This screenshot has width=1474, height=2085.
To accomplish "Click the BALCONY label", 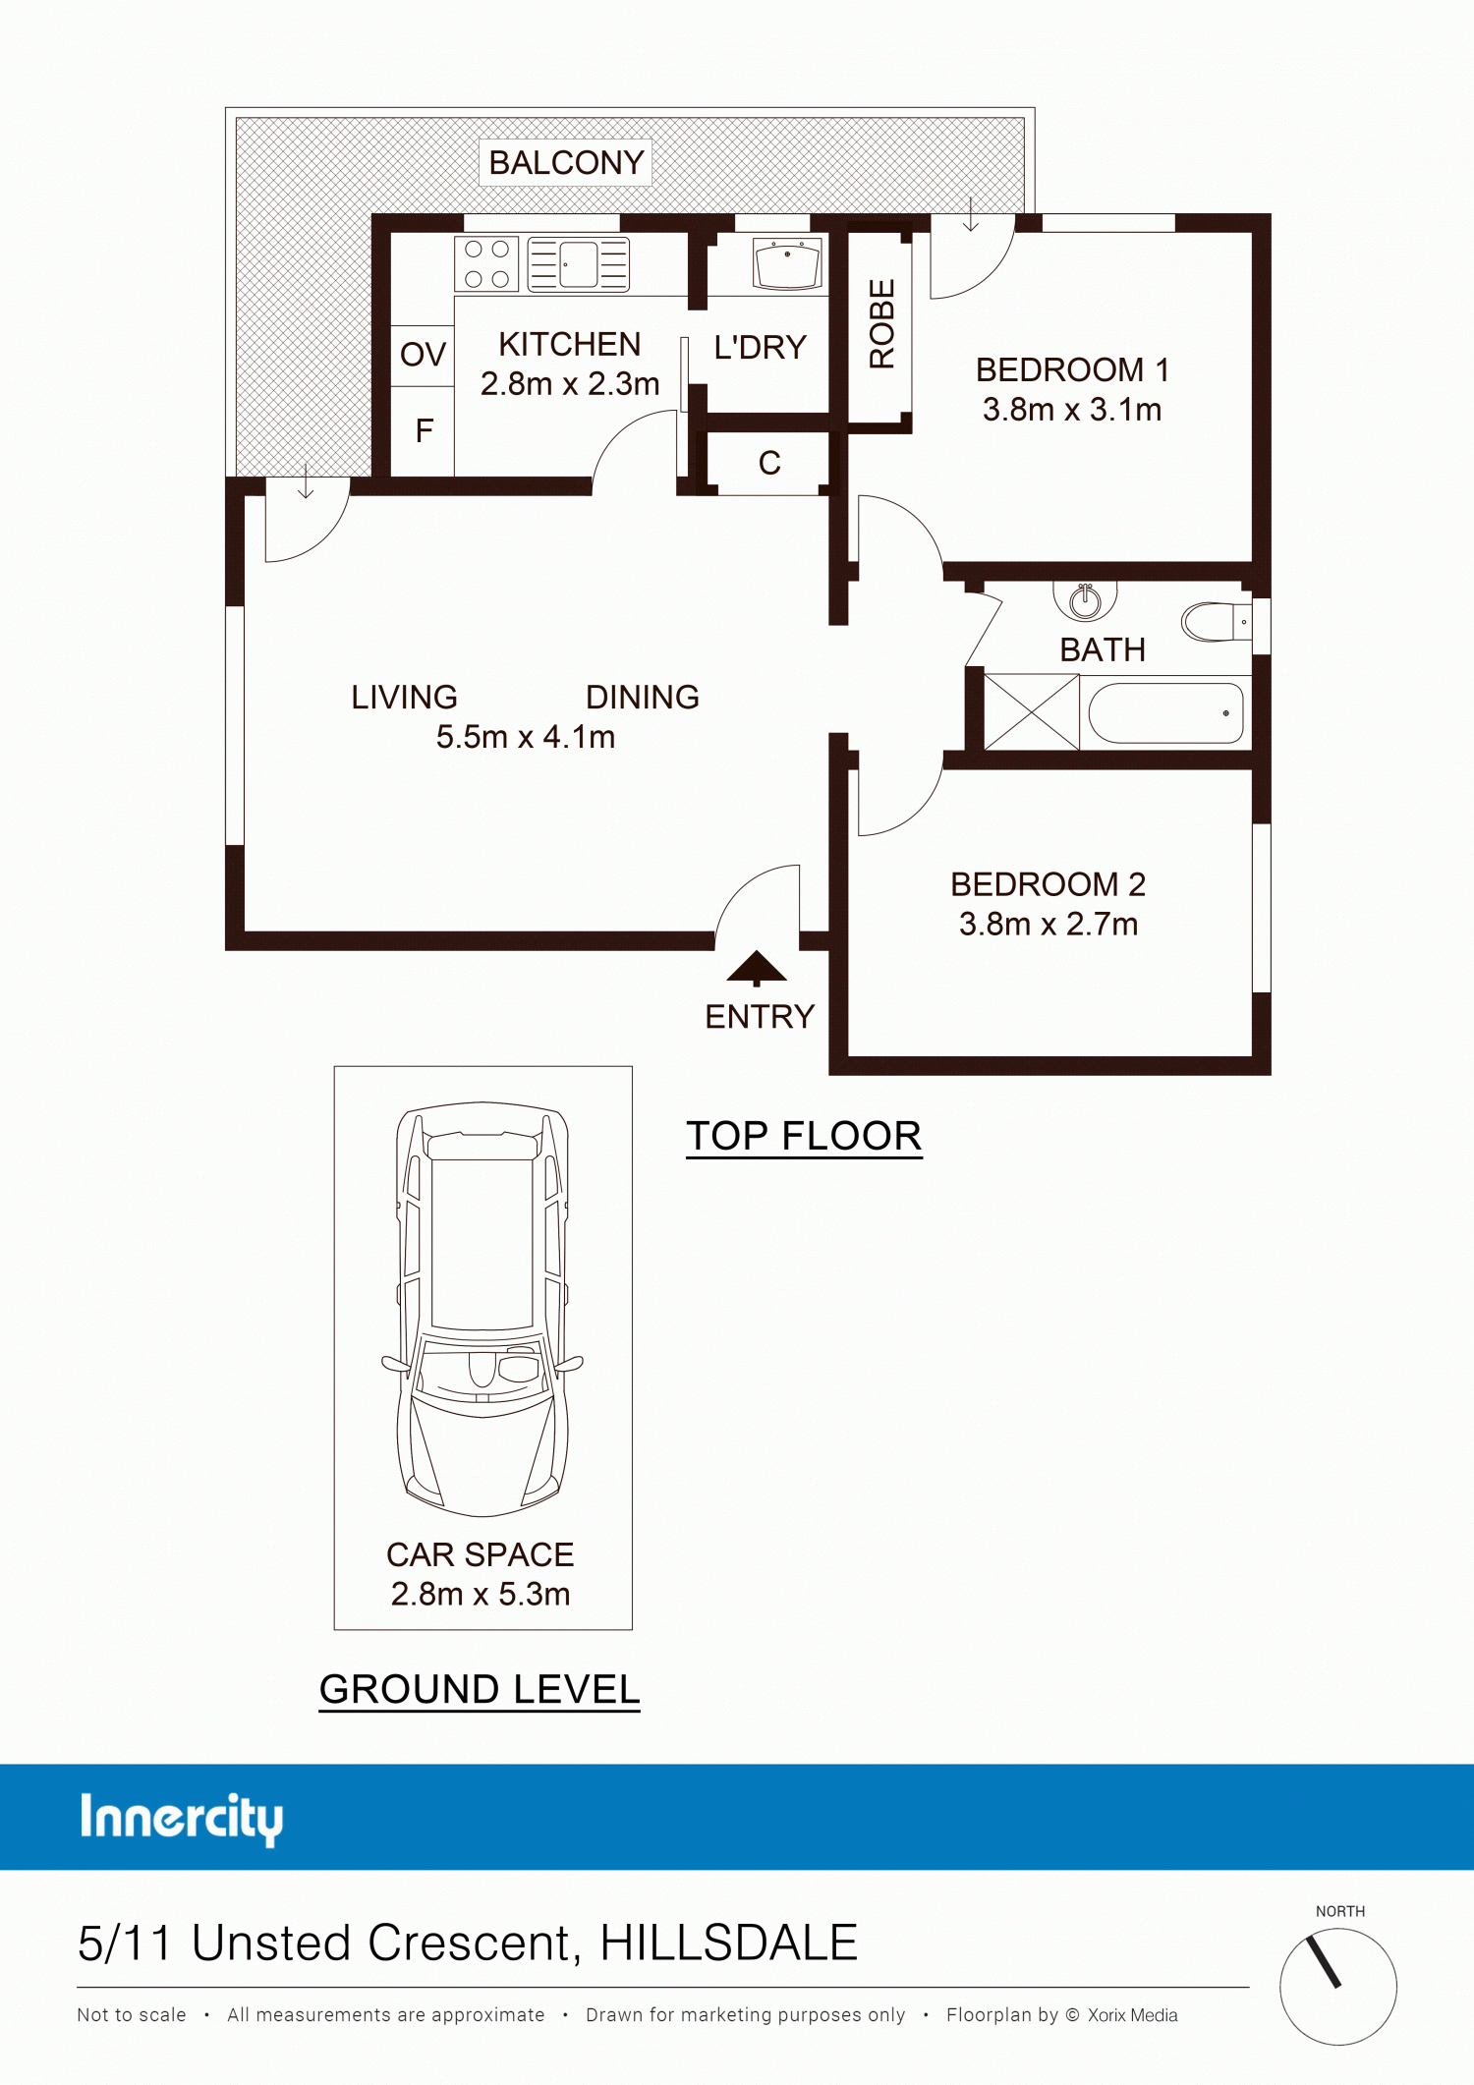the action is (x=566, y=162).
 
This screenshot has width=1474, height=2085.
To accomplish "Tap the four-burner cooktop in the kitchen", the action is (x=486, y=264).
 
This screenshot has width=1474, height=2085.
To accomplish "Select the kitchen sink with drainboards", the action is (x=578, y=264).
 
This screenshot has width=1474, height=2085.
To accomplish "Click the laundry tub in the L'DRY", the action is (x=787, y=264).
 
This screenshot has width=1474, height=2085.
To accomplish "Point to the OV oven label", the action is (x=423, y=354).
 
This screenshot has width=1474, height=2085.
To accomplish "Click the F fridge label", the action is (x=425, y=430).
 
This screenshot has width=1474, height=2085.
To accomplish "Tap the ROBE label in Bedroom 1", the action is (x=881, y=324).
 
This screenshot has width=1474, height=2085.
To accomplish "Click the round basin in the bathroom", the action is (x=1085, y=600).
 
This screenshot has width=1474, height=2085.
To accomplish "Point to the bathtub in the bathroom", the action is (x=1166, y=713).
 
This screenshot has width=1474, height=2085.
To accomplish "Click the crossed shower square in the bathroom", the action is (x=1032, y=712).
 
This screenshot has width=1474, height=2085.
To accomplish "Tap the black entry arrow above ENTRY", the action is (x=757, y=968).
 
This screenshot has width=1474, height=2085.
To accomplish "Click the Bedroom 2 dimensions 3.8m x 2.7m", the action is (x=1049, y=924).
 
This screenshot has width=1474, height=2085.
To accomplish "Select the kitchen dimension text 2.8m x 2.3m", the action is (x=570, y=383).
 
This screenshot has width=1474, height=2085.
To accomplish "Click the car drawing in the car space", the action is (x=482, y=1309).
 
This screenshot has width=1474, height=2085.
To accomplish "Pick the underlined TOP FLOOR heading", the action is (x=804, y=1137).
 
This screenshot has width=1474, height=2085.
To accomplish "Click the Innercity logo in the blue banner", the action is (x=182, y=1819).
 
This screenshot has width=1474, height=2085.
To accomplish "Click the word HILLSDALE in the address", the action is (x=729, y=1943).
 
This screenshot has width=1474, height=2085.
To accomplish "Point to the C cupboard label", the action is (x=769, y=463).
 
